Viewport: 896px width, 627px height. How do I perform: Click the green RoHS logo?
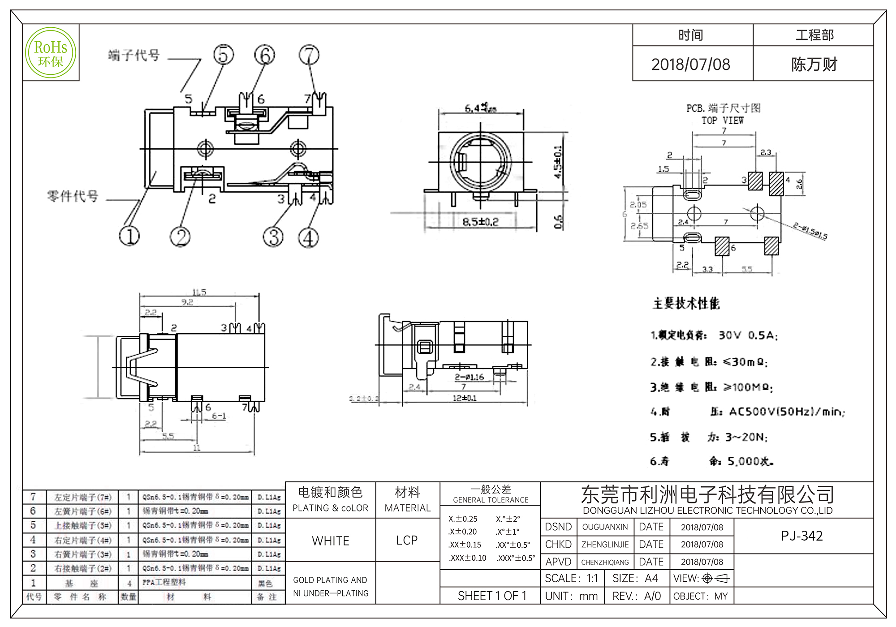point(51,53)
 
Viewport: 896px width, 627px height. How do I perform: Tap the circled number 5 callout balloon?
point(224,55)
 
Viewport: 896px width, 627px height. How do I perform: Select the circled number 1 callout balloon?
point(129,236)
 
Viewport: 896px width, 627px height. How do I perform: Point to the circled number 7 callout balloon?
point(309,55)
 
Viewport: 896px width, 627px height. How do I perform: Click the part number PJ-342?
point(801,536)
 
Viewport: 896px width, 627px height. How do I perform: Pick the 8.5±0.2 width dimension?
point(480,222)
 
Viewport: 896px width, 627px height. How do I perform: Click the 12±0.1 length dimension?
point(465,398)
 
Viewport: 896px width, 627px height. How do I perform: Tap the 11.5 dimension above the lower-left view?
point(199,292)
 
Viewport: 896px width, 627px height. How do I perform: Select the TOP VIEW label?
point(722,120)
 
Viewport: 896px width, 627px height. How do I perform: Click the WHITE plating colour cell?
point(331,541)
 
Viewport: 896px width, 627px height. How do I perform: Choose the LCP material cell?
point(407,541)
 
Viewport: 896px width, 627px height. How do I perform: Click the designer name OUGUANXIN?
point(605,527)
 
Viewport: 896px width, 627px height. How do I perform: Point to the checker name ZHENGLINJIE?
point(605,545)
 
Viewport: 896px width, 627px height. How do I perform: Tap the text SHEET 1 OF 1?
point(491,596)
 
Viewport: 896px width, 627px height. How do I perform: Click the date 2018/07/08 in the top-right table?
point(690,64)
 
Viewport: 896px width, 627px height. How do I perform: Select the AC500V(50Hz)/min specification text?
point(787,412)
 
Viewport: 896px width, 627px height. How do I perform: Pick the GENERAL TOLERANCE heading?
point(491,500)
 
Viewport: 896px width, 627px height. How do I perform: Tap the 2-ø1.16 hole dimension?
point(469,377)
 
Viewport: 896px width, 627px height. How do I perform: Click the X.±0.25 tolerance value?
point(463,519)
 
